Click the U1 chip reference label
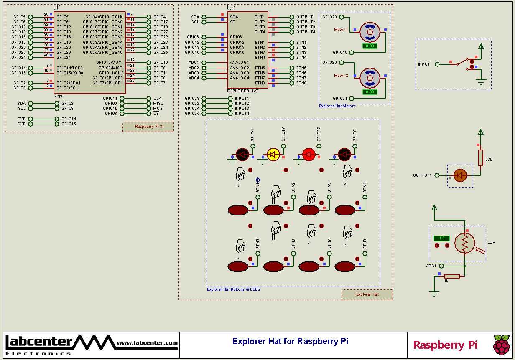pos(57,8)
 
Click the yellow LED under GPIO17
pos(273,155)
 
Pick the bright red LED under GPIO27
pos(309,155)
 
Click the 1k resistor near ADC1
pos(452,276)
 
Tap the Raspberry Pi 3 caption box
pos(148,127)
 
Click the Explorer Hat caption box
pos(367,294)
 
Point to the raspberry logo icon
pos(502,345)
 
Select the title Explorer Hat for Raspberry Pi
pos(290,341)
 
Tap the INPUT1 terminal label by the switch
pos(425,64)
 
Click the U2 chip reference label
pos(231,8)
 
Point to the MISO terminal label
pos(158,104)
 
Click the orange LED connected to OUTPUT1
pos(460,175)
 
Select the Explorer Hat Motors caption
pos(337,106)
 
